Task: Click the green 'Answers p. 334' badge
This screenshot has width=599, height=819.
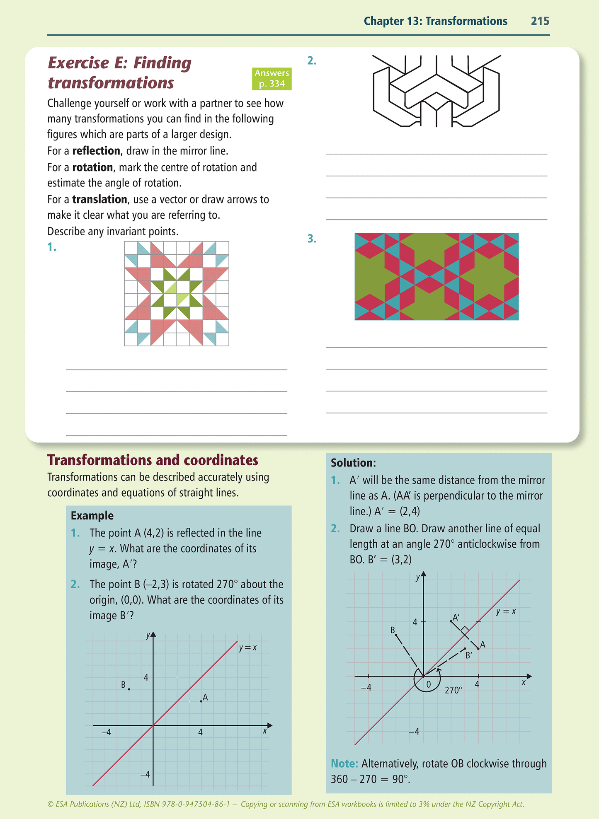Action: coord(272,78)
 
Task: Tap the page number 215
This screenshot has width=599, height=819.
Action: coord(540,21)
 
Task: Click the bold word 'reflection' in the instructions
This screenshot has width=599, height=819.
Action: coord(96,151)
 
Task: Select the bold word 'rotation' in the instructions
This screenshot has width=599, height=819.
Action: coord(92,167)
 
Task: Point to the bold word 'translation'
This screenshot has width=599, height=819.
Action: coord(99,199)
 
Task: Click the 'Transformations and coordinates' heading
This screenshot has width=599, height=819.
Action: coord(153,460)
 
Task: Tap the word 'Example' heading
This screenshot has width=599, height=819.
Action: coord(92,515)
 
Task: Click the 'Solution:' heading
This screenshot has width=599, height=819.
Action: coord(353,463)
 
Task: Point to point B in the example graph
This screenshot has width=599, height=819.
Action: coord(129,689)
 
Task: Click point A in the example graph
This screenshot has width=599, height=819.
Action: coord(201,701)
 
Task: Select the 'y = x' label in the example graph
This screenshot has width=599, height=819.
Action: coord(248,647)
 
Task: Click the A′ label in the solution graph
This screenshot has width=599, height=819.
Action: coord(456,618)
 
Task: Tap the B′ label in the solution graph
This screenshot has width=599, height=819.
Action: coord(469,655)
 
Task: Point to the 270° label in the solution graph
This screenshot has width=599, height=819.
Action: coord(453,690)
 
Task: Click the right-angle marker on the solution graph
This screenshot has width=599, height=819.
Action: coord(465,631)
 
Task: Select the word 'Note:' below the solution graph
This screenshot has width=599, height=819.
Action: coord(344,763)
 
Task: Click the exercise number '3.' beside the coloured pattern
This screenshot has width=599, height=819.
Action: coord(312,239)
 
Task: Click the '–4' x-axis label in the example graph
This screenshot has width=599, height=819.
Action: coord(107,732)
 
